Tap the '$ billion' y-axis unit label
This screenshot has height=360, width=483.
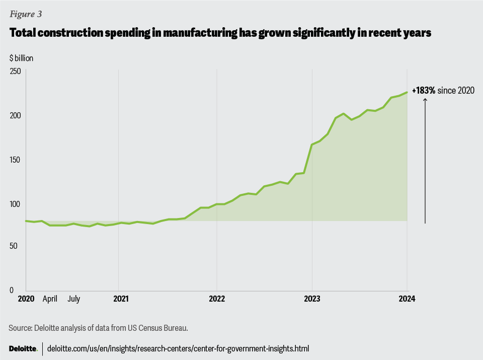[21, 58]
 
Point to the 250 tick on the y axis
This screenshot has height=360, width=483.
[16, 71]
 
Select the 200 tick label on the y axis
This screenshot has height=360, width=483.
[16, 115]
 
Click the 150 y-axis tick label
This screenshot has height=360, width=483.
[16, 160]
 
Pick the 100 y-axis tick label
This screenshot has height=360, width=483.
[16, 204]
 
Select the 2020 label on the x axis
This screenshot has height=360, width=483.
[26, 299]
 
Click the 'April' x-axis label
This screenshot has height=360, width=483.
[50, 299]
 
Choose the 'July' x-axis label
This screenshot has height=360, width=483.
[73, 299]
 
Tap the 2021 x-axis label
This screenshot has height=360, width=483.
[121, 299]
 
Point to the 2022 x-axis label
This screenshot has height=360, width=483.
[217, 299]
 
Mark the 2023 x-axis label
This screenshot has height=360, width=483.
[312, 299]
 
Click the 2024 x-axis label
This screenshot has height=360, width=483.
[407, 299]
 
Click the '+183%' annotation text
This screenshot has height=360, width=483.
[424, 91]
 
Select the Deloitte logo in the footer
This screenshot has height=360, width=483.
[23, 348]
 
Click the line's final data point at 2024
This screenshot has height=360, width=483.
[407, 92]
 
